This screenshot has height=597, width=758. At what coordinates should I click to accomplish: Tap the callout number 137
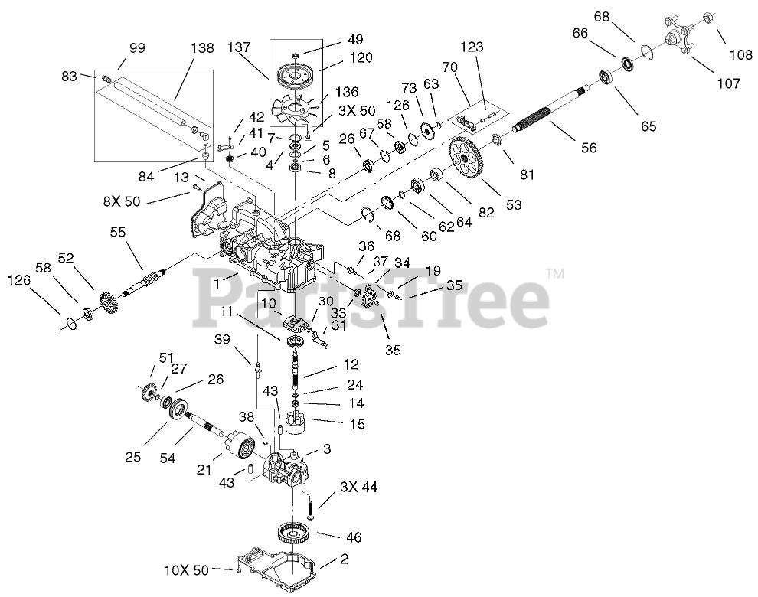pyautogui.click(x=240, y=47)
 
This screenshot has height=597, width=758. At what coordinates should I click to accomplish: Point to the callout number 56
pyautogui.click(x=588, y=148)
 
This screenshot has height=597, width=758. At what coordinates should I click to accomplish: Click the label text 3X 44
pyautogui.click(x=358, y=486)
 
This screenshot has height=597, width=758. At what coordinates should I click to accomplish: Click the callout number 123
pyautogui.click(x=472, y=47)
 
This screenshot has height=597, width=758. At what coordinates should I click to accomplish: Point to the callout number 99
pyautogui.click(x=136, y=48)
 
